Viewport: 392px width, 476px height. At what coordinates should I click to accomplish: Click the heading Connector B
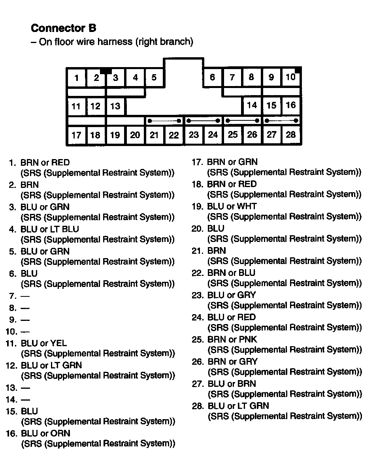63,28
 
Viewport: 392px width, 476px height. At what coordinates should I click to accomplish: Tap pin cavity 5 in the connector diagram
154,77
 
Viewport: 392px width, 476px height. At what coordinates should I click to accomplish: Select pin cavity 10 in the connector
290,77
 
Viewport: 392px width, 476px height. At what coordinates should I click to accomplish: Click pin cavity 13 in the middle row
115,106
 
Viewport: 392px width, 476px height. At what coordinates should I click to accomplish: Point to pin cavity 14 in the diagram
252,105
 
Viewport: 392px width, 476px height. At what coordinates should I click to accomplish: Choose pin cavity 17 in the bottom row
76,135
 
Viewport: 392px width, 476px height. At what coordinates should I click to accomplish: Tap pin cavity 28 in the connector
291,135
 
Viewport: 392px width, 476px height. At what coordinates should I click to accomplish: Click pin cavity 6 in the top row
213,77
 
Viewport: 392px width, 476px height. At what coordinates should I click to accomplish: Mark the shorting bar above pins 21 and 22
164,121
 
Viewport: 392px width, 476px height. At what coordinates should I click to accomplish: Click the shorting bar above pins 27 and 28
281,120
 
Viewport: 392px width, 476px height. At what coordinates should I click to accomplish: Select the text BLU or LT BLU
49,229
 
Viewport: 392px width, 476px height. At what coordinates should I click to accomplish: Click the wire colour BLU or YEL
43,343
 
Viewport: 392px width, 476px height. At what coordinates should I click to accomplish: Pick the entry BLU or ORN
45,433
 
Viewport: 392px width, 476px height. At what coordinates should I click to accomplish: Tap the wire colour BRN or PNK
232,339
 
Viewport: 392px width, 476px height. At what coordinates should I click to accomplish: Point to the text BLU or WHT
232,206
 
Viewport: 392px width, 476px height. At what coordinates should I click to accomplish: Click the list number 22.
197,273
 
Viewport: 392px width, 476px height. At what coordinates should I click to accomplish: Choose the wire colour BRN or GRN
232,162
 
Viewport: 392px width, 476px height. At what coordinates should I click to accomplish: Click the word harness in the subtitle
116,42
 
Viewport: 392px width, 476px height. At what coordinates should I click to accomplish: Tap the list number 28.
197,406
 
